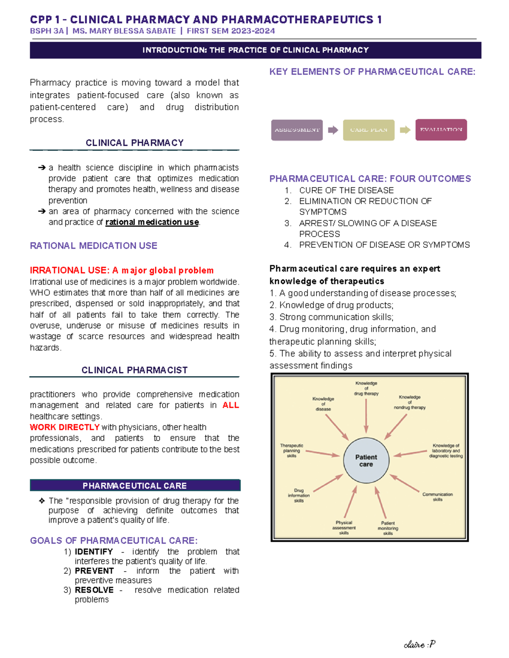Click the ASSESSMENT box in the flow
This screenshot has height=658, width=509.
click(297, 130)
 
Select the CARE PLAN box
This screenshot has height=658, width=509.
click(369, 130)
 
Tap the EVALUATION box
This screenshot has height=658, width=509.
click(441, 130)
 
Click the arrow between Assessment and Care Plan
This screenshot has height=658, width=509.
click(333, 130)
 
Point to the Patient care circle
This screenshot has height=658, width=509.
click(366, 460)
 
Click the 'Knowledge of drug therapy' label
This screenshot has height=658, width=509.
click(366, 388)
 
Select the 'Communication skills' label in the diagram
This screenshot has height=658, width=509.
click(437, 497)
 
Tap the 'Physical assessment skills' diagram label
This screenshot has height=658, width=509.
click(344, 528)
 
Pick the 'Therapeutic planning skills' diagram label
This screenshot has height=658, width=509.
click(292, 450)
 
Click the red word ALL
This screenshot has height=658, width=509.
click(231, 405)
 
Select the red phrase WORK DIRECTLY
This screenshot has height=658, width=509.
click(64, 427)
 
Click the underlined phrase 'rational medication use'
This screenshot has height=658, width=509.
click(152, 222)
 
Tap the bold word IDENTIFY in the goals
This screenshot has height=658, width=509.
click(94, 552)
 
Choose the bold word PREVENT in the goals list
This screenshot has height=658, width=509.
click(94, 571)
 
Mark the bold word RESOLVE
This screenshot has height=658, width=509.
click(94, 590)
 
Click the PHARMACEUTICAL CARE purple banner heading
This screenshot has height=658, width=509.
click(134, 486)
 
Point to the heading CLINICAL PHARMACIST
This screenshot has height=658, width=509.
click(134, 370)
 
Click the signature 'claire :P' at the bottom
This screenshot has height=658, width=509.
click(420, 644)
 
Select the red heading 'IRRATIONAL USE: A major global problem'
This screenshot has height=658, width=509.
click(122, 270)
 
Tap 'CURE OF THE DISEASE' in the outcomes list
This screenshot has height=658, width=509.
click(346, 190)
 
